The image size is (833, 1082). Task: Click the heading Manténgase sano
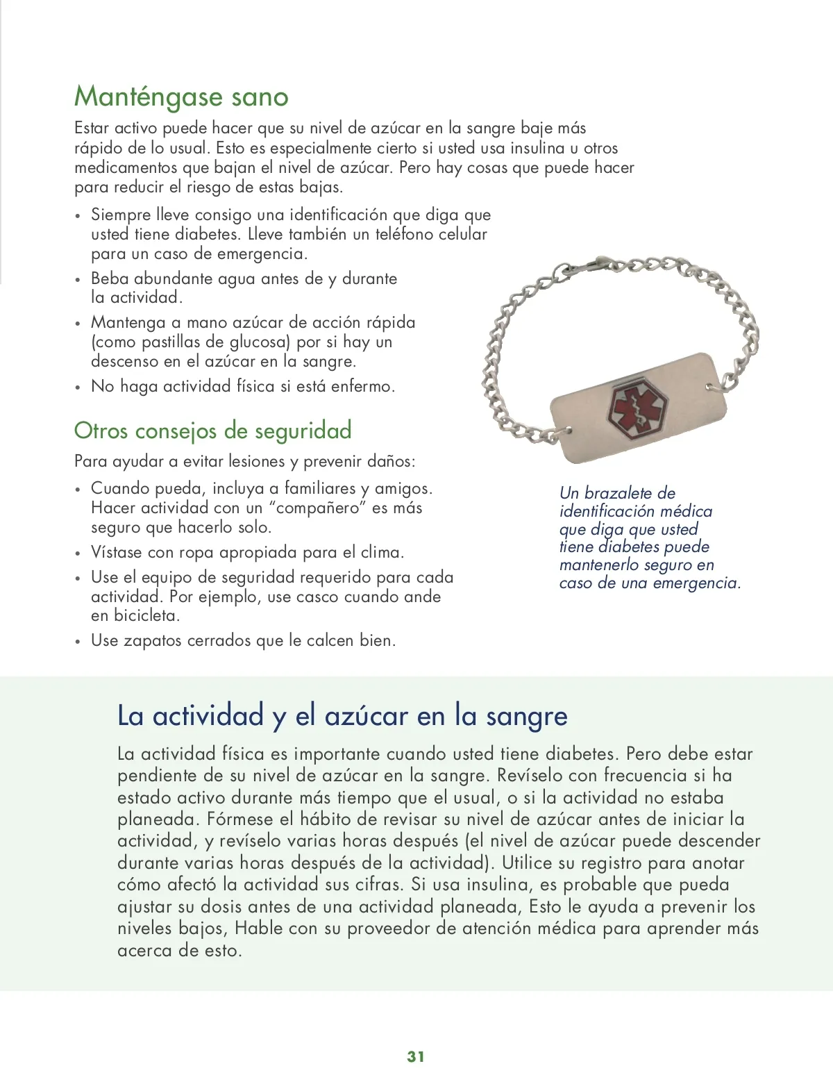point(181,97)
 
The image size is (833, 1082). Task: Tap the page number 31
point(416,1056)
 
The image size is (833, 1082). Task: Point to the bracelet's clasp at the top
point(589,267)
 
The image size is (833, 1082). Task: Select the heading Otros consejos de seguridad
point(212,431)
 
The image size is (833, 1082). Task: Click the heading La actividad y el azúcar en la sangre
point(342,715)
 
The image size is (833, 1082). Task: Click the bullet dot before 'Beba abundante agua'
point(78,280)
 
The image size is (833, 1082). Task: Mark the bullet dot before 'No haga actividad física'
point(78,388)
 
